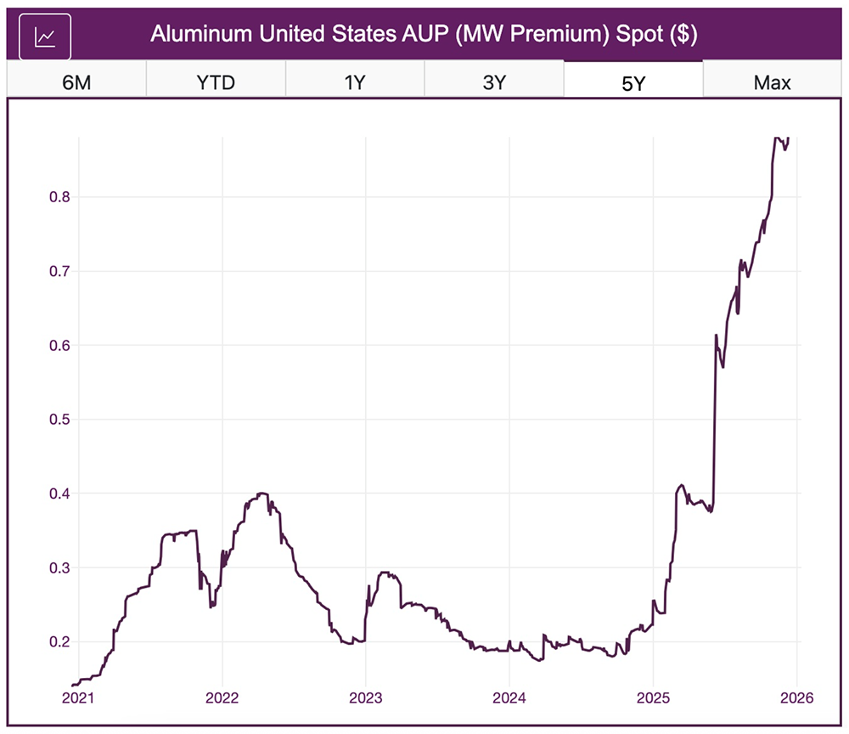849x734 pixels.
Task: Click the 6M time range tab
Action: [76, 82]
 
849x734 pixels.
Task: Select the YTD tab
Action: [216, 82]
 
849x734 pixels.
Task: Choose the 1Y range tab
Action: [355, 82]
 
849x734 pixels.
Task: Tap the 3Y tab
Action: [493, 82]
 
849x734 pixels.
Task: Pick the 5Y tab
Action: [633, 82]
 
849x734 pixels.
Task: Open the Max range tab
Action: [772, 82]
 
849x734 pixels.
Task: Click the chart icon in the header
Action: [45, 37]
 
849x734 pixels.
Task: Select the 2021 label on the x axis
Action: [78, 698]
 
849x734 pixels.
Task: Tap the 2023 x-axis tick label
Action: [365, 698]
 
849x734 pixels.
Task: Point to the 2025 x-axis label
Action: [653, 698]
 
